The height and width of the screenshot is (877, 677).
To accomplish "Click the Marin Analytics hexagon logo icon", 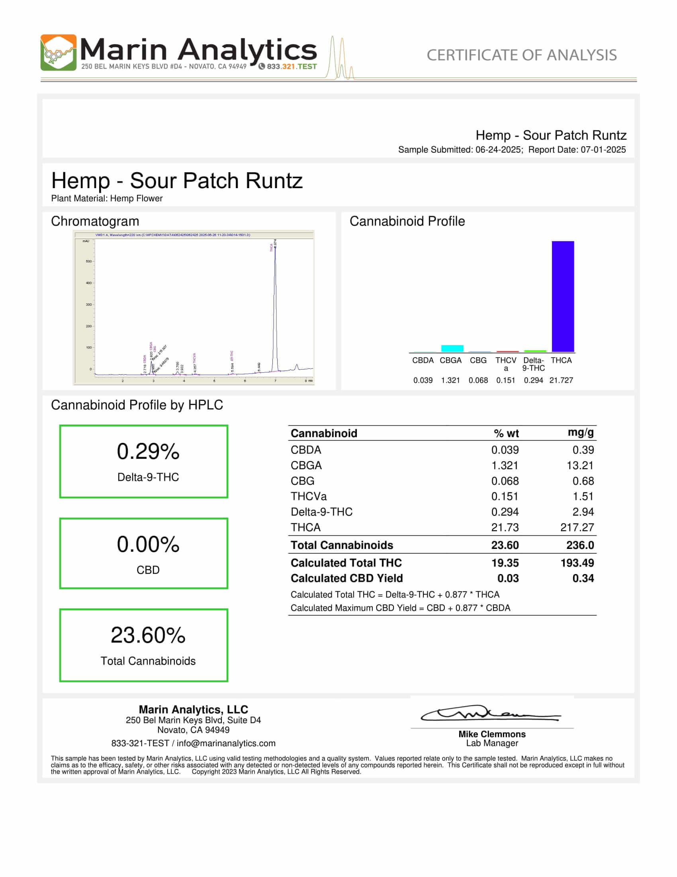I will click(58, 53).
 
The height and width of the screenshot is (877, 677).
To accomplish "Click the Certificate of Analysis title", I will click(521, 55).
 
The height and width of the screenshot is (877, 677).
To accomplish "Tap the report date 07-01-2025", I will click(603, 150).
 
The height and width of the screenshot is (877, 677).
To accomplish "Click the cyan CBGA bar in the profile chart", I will click(452, 348).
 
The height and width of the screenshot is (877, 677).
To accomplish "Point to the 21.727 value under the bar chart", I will click(561, 380).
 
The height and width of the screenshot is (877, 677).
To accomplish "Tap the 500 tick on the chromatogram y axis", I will click(89, 261).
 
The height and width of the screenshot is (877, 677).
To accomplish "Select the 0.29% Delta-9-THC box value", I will click(148, 451).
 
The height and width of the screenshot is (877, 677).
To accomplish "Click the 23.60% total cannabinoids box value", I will click(148, 635).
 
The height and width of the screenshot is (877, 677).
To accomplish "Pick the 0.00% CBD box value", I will click(148, 545).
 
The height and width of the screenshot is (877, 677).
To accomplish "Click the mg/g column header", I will click(580, 432).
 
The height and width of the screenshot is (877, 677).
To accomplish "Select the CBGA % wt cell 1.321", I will click(505, 465).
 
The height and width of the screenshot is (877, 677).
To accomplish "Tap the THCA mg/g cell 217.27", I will click(577, 527).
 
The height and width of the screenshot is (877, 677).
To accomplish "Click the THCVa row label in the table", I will click(308, 496).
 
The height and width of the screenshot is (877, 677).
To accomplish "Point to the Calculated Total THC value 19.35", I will click(505, 563).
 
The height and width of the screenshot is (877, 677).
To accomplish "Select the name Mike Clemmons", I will click(492, 734).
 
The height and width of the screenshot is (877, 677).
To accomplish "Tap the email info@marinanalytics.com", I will click(226, 743).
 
